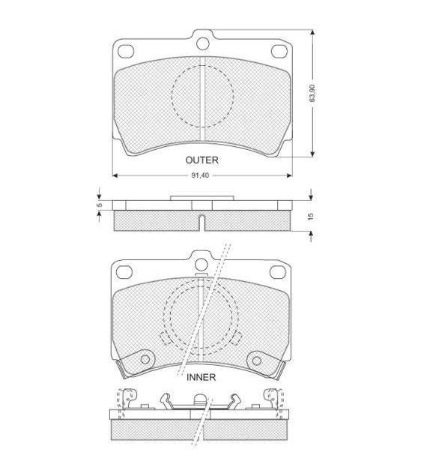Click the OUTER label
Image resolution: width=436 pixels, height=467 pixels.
202,160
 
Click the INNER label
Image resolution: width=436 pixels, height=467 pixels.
201,377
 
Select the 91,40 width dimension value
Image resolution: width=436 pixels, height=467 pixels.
200,175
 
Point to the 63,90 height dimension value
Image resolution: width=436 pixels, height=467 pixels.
312,93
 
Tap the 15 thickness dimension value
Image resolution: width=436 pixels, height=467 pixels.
311,216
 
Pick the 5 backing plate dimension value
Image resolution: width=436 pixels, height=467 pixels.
100,205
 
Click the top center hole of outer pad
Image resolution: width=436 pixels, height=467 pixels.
203,43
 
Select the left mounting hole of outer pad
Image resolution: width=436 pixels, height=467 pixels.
126,51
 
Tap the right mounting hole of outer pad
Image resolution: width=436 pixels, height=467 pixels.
279,51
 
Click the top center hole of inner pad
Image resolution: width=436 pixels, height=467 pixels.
202,264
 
